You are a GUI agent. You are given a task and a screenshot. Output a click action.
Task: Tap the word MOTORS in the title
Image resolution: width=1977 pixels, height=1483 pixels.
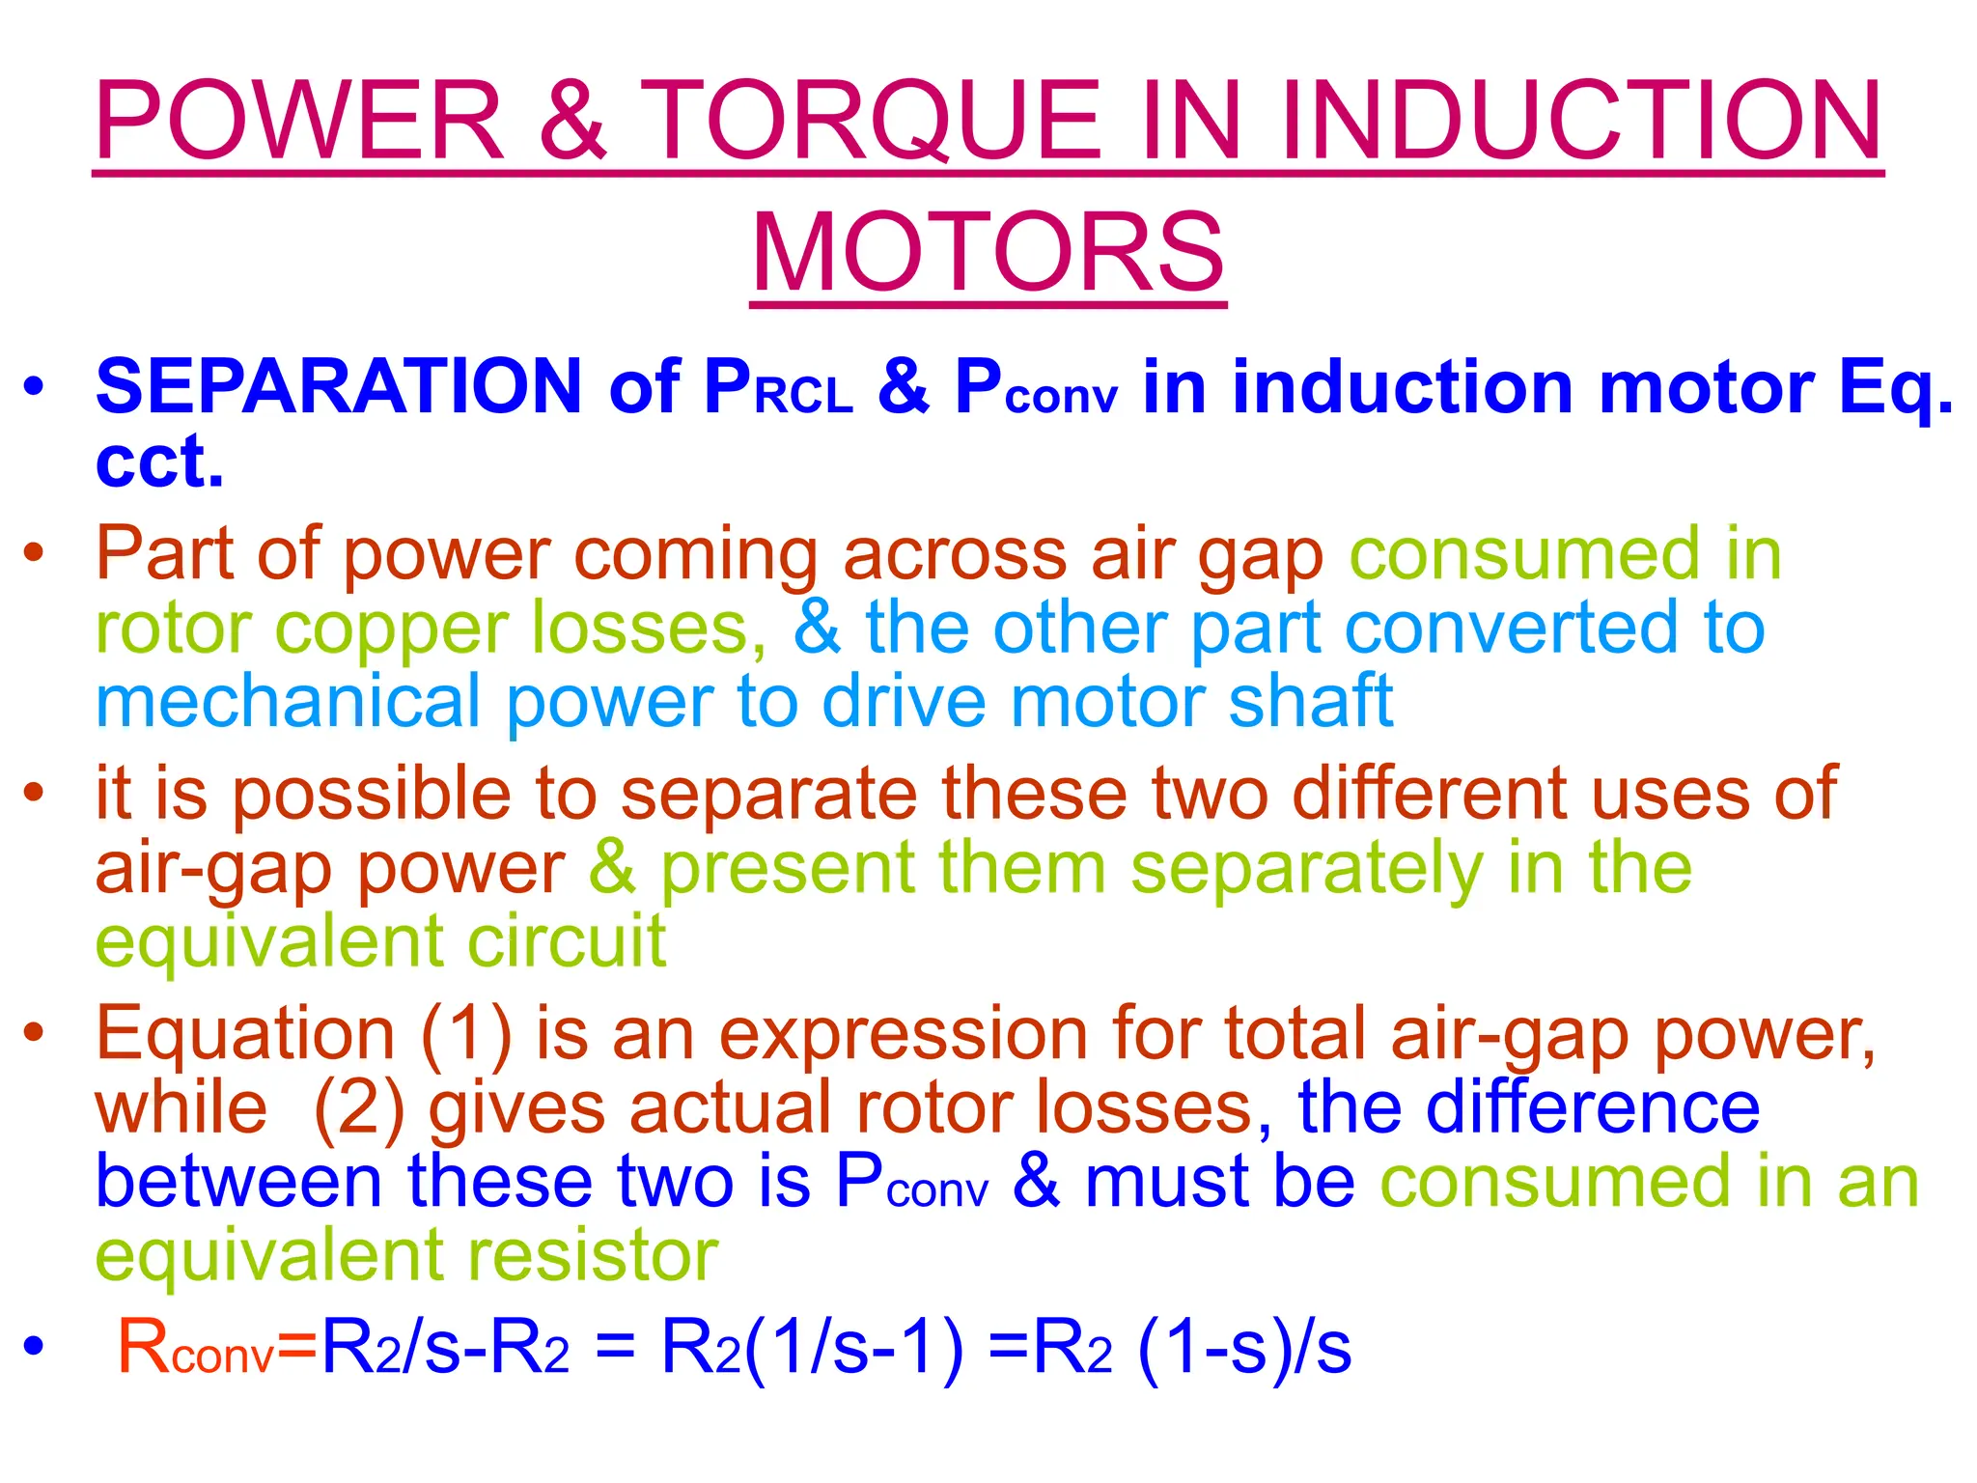tap(988, 253)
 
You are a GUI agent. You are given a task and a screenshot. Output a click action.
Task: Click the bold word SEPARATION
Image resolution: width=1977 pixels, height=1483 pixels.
tap(339, 387)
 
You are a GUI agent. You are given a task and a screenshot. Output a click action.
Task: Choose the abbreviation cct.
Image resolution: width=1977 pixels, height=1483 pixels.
tap(159, 462)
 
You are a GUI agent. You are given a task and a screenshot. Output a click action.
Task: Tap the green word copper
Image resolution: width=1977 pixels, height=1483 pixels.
tap(390, 629)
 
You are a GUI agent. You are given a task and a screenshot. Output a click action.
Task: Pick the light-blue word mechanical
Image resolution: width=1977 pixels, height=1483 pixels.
tap(288, 703)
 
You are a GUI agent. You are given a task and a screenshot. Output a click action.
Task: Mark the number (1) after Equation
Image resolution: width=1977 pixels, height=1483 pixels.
tap(466, 1034)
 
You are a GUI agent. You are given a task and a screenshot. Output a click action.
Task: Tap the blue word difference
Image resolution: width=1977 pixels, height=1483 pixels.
tap(1593, 1107)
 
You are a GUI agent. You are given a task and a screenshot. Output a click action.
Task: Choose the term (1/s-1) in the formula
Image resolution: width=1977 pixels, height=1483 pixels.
tap(853, 1348)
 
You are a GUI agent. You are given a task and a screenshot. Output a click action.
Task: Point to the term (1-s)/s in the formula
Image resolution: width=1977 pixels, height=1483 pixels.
tap(1244, 1348)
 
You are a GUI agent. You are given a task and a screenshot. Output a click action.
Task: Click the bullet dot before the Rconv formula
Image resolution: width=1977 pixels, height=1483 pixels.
tap(35, 1346)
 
